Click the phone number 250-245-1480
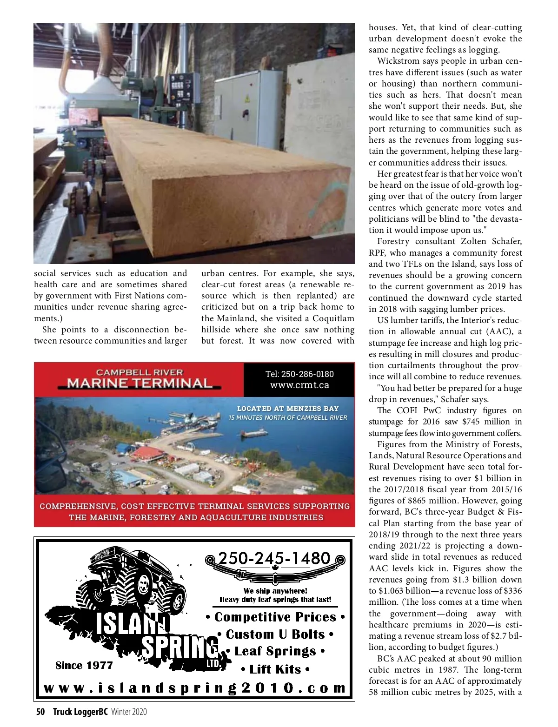[x=274, y=558]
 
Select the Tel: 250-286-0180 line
[x=299, y=374]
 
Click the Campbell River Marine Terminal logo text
[x=139, y=379]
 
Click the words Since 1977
[x=84, y=666]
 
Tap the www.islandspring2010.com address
[x=195, y=688]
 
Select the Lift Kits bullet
[x=275, y=669]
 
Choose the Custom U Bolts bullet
[x=275, y=634]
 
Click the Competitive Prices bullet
[x=275, y=617]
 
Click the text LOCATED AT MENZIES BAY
[x=288, y=409]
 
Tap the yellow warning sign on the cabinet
[x=247, y=99]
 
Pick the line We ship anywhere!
[x=275, y=591]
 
